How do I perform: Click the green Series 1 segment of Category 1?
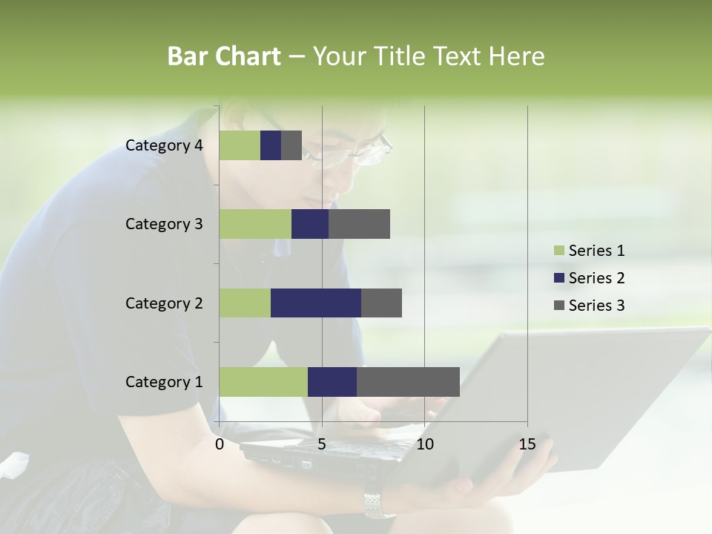pos(263,382)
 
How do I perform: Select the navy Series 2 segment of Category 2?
pos(316,303)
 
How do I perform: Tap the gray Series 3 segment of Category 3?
pos(359,224)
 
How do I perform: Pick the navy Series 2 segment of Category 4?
pos(271,145)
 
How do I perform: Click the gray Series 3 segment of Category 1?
pos(408,382)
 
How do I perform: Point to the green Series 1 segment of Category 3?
pos(255,224)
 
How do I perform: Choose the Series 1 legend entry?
pos(589,251)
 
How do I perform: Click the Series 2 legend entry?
pos(589,278)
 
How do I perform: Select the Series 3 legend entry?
pos(589,306)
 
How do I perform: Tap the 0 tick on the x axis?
pos(220,444)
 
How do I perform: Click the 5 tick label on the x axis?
pos(322,444)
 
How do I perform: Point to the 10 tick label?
pos(424,444)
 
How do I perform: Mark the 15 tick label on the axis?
pos(527,444)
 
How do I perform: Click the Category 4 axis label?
pos(164,145)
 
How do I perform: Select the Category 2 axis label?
pos(164,303)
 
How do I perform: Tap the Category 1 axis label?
pos(164,382)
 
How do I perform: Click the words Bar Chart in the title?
pos(224,56)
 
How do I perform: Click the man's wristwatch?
pos(379,504)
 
